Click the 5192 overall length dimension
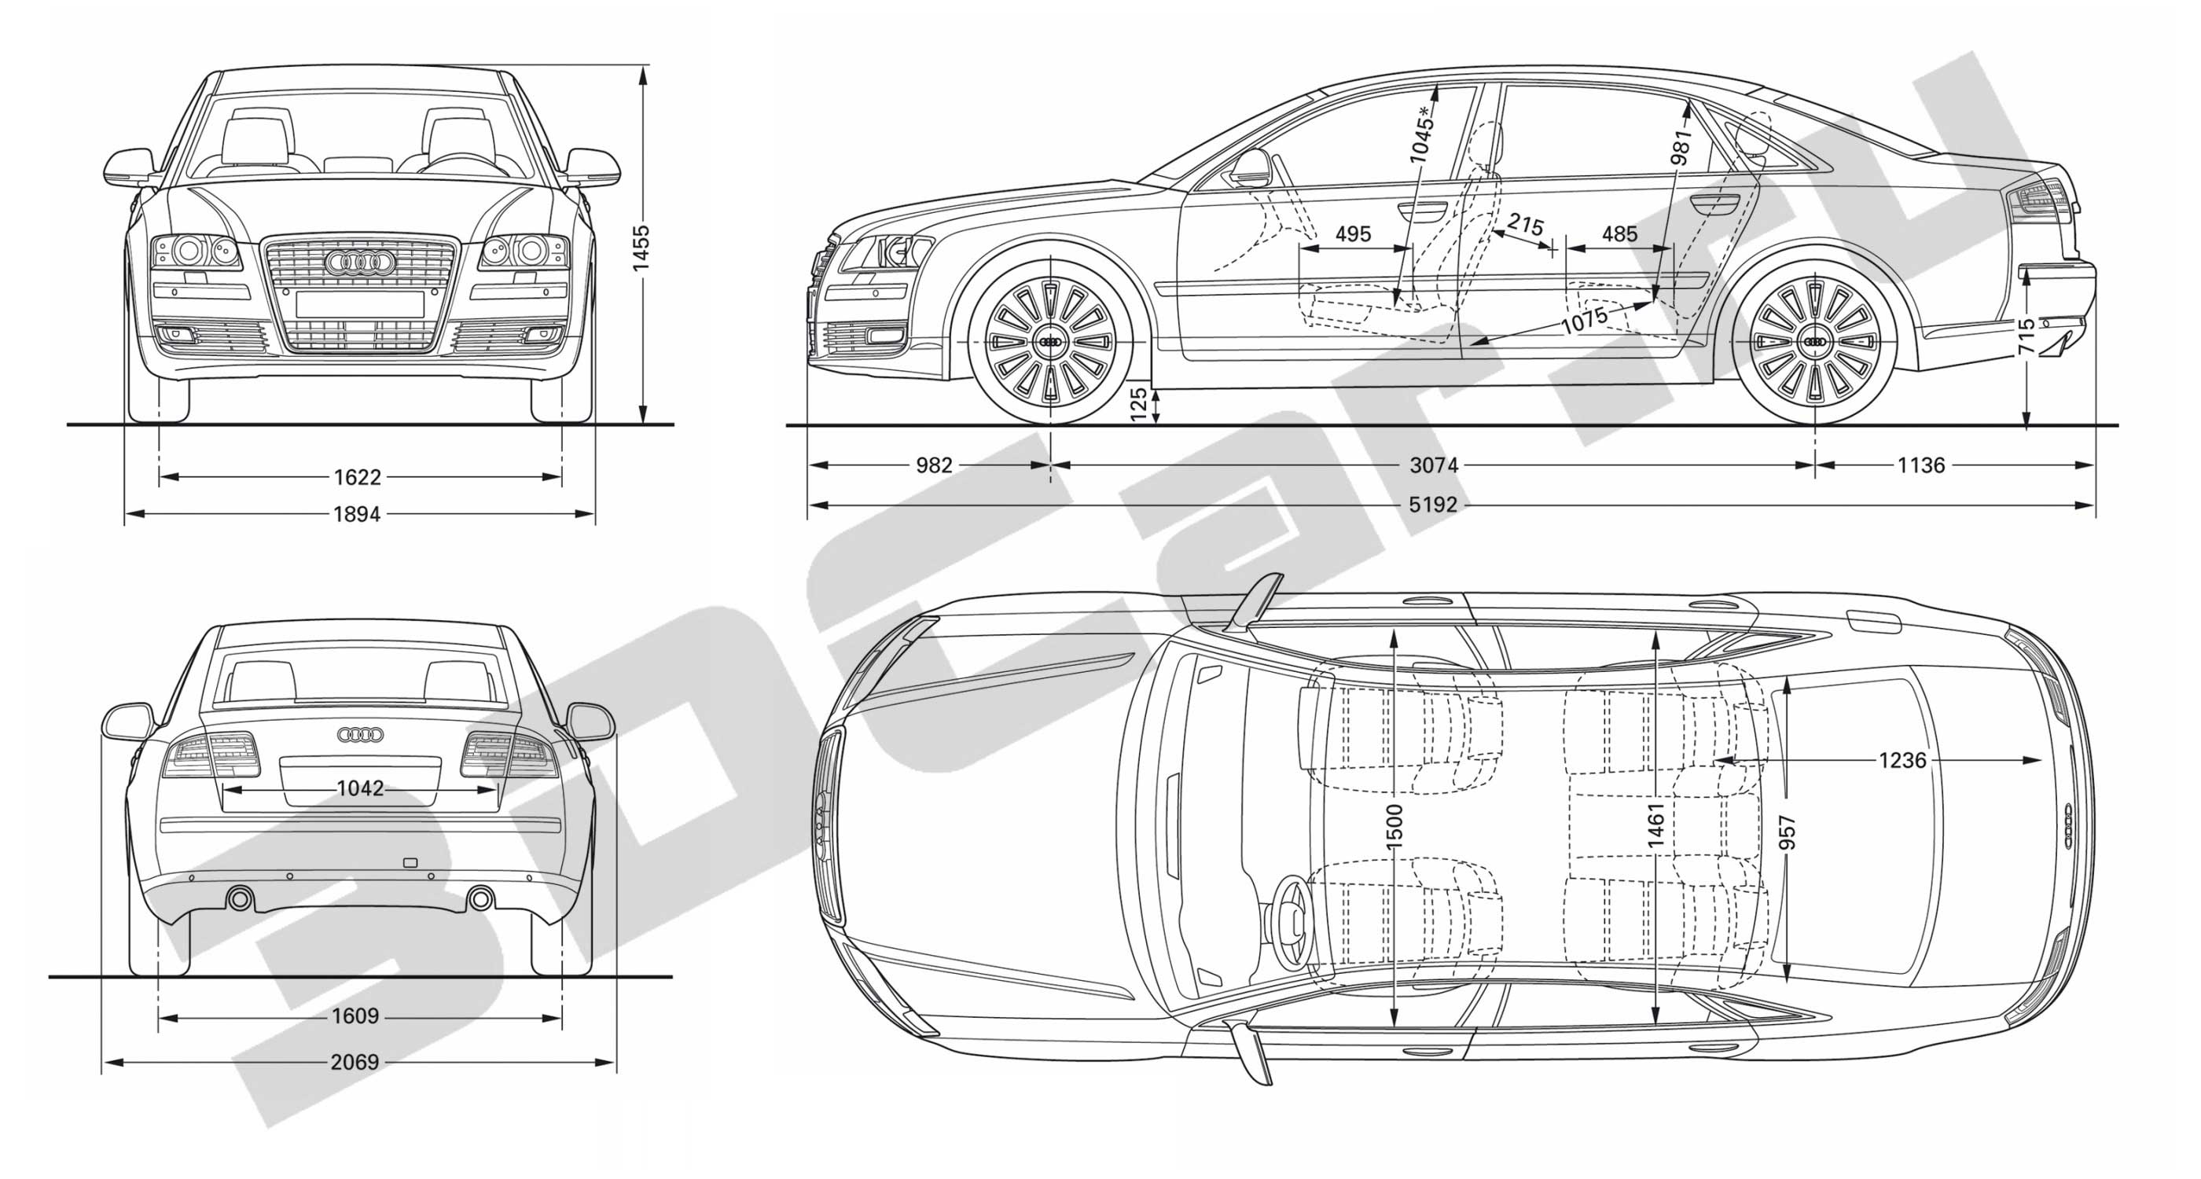tap(1432, 505)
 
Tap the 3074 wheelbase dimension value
tap(1434, 465)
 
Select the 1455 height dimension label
tap(641, 248)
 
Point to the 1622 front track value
tap(357, 477)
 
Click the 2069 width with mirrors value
tap(355, 1062)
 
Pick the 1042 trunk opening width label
tap(360, 788)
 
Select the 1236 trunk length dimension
tap(1902, 759)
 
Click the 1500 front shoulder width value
tap(1394, 826)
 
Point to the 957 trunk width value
tap(1787, 833)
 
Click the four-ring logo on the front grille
tap(360, 263)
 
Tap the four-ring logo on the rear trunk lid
tap(361, 734)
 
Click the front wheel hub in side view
tap(1049, 341)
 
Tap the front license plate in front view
tap(360, 303)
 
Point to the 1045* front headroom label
tap(1421, 134)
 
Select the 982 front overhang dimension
tap(933, 465)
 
